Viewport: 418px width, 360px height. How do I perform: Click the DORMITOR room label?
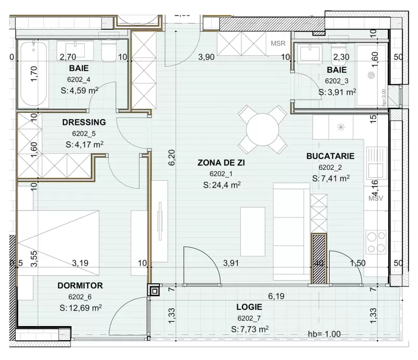point(80,286)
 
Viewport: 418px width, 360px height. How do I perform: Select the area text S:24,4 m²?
point(221,184)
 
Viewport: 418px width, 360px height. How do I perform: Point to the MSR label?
point(278,43)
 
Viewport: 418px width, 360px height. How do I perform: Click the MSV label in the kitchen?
point(376,199)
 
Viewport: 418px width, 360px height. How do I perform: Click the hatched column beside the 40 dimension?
point(319,258)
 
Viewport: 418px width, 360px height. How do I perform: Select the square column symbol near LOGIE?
point(154,290)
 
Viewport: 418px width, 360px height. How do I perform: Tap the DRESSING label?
point(84,122)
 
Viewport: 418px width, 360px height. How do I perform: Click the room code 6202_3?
point(336,81)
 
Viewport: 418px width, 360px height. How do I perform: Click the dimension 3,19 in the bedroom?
point(80,263)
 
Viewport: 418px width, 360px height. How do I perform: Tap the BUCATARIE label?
point(331,156)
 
